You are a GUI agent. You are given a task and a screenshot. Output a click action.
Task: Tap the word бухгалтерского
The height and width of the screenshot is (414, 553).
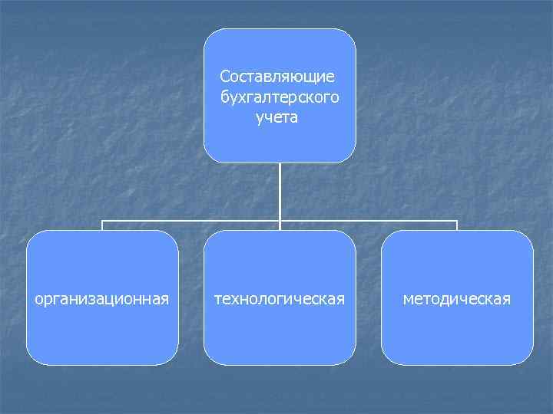point(279,98)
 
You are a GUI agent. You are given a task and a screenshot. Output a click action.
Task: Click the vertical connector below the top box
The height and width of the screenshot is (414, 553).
point(280,192)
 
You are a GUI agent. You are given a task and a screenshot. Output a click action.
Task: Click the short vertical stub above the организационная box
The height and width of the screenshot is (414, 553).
point(103,226)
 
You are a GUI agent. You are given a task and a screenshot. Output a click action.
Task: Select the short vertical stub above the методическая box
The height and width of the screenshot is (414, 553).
point(457,226)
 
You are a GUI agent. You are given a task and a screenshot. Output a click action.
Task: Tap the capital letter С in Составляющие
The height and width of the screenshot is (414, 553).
point(224,77)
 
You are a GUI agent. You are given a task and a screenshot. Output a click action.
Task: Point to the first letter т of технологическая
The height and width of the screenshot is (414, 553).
point(217,298)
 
